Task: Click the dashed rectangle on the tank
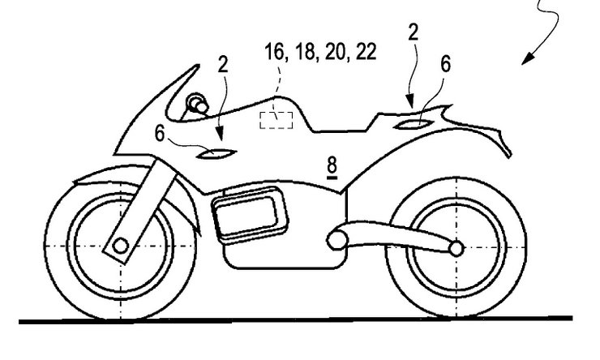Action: click(275, 120)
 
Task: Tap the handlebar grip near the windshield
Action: click(197, 103)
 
